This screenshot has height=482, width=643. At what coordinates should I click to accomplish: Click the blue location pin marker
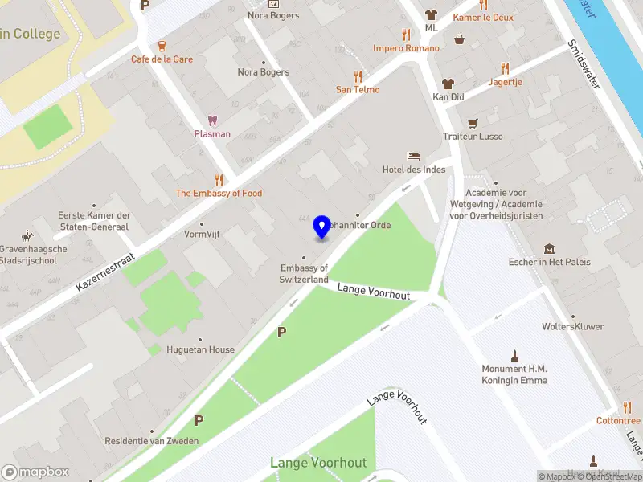pos(322,227)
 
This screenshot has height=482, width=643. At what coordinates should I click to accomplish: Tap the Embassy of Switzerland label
pos(304,273)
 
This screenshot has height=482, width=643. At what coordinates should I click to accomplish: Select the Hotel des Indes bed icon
pos(413,155)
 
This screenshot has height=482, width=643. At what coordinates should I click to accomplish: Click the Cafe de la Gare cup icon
pos(162,45)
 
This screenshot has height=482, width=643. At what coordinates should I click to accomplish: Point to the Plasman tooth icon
pos(212,120)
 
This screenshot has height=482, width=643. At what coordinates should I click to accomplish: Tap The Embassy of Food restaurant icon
pos(219,180)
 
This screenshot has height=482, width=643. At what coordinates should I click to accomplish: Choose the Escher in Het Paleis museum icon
pos(549,248)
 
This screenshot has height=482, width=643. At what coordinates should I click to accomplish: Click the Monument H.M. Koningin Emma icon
pos(514,355)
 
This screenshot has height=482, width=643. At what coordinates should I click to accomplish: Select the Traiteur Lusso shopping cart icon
pos(473,123)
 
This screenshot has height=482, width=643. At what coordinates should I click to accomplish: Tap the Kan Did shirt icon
pos(448,83)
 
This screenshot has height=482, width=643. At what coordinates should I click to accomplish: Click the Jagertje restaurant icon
pos(505,68)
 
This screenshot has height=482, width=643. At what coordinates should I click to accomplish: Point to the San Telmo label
pos(358,90)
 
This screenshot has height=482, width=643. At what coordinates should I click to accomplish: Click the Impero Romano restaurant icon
pos(406,35)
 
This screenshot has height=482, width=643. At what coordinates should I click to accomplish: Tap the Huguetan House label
pos(200,349)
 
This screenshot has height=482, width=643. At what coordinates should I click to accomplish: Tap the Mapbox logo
pos(35,472)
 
